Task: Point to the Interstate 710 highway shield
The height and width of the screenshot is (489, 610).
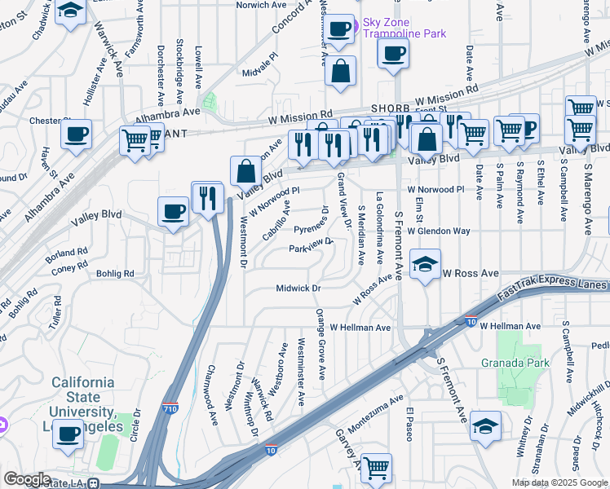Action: click(170, 407)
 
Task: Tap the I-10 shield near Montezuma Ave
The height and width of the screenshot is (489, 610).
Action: click(271, 449)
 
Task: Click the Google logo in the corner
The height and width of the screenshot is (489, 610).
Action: click(27, 479)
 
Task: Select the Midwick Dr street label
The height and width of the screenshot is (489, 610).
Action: click(299, 288)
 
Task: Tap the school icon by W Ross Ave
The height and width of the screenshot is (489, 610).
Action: click(426, 264)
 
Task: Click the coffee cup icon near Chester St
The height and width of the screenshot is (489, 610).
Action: click(76, 134)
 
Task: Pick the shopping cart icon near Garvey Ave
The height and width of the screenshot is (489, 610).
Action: click(375, 468)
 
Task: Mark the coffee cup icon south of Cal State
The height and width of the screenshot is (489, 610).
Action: click(69, 434)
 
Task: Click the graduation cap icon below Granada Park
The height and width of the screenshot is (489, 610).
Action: click(485, 426)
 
